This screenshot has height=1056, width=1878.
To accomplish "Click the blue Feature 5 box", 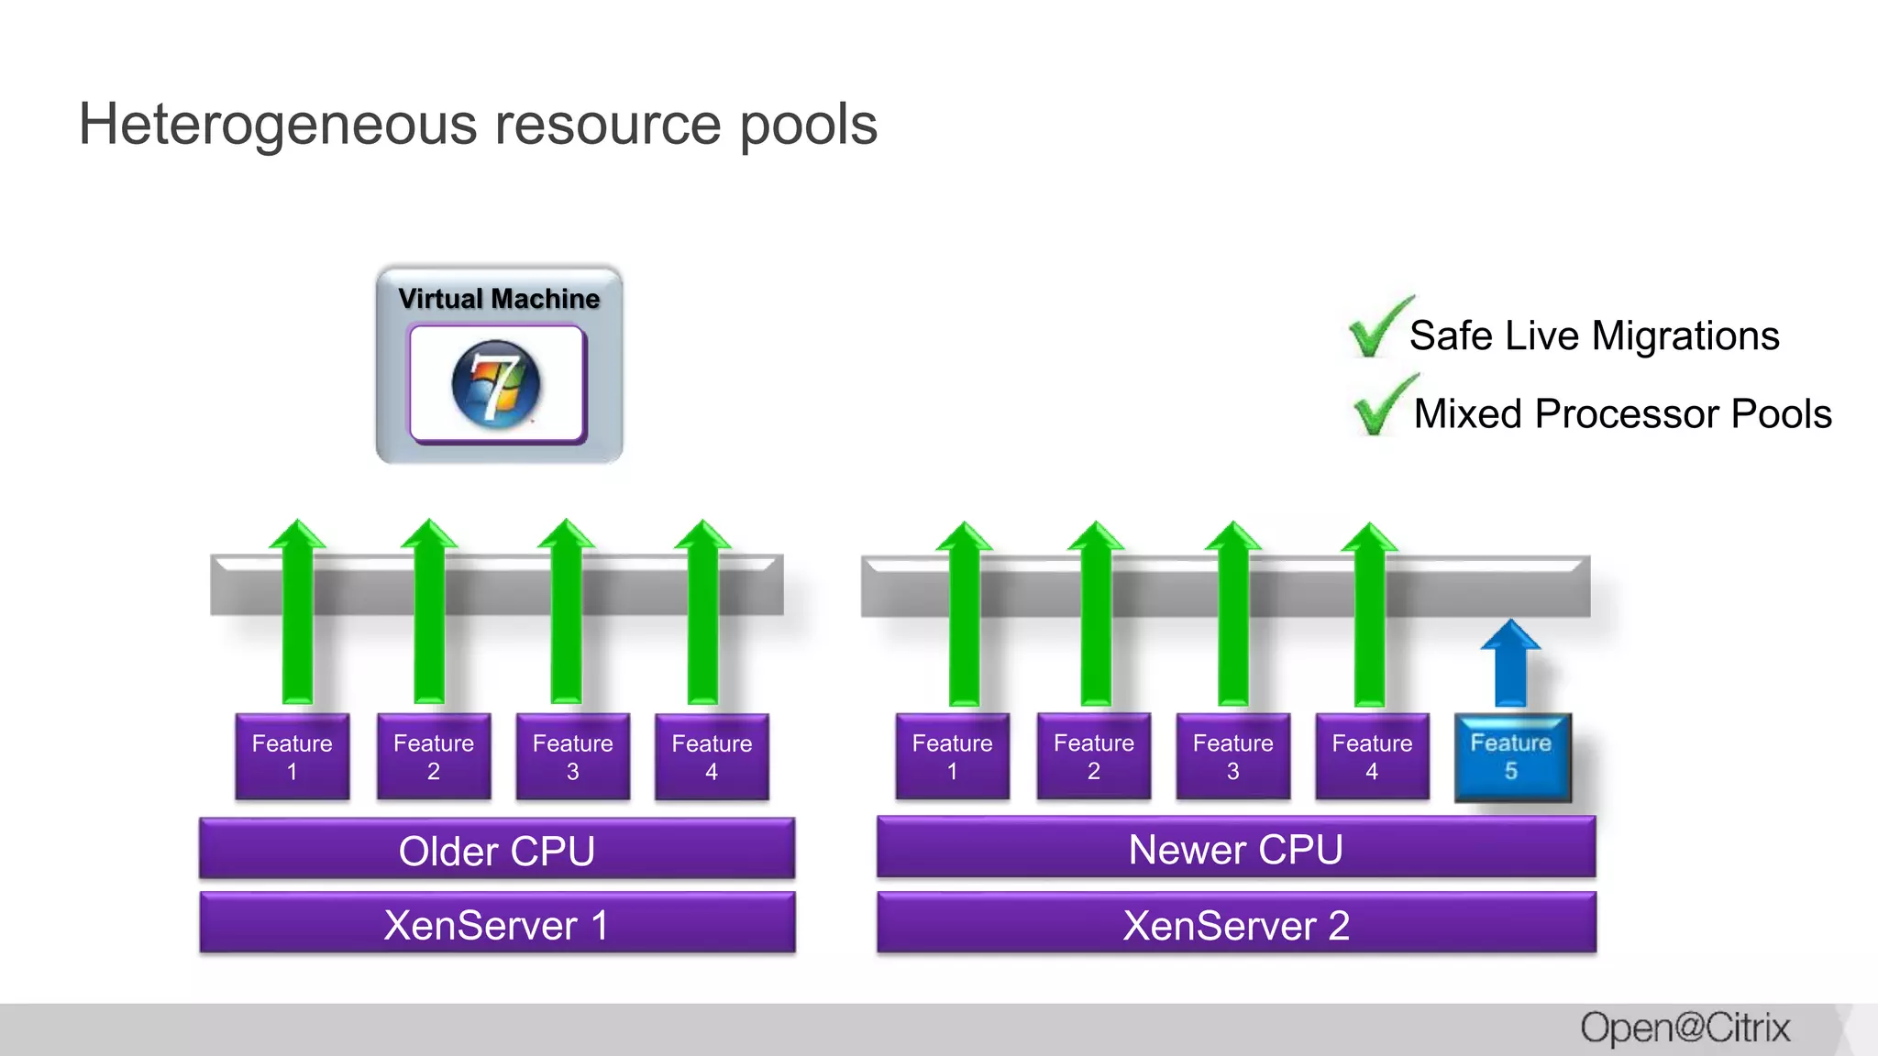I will pos(1512,758).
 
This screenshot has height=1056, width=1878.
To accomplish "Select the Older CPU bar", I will pos(497,850).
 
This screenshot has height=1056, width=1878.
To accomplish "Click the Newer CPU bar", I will pos(1235,848).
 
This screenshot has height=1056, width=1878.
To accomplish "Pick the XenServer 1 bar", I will pos(497,924).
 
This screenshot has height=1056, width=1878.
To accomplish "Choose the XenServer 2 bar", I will pos(1235,924).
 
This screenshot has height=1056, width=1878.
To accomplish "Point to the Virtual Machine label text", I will pos(499,299).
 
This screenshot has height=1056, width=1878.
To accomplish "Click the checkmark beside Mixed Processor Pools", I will pos(1382,407).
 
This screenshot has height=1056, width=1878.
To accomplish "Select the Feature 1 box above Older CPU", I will pos(292,757).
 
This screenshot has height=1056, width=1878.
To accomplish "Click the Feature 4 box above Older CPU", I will pos(712,757).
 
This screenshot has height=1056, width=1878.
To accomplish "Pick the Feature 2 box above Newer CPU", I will pos(1093,757).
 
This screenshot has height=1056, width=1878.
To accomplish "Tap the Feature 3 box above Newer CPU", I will pos(1232,757).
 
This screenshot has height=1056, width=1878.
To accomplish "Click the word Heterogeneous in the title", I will pos(278,125).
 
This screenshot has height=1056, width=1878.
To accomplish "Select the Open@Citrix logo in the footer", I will pos(1685,1028).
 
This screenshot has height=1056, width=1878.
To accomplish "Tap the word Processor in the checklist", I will pos(1626,413).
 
